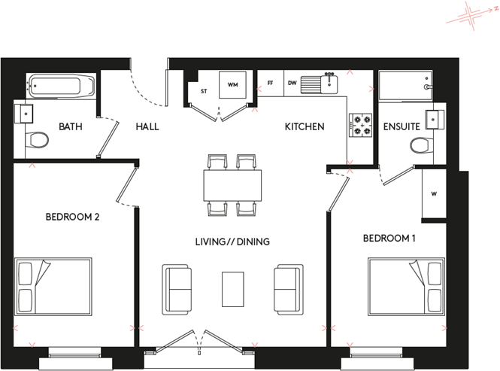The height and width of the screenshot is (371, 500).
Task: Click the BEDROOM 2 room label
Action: point(73,217)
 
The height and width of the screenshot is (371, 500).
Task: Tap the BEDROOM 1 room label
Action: point(389,239)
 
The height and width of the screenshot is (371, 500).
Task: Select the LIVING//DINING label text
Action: point(232,242)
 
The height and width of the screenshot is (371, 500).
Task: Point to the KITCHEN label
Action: point(304,126)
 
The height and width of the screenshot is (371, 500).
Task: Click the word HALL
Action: point(147,126)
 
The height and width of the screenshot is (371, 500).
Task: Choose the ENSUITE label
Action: point(401,126)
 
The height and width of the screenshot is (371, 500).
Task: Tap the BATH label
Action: point(71,126)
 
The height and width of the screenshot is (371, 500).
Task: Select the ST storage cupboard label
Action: point(203,91)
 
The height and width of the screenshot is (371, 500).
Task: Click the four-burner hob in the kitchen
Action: point(361,125)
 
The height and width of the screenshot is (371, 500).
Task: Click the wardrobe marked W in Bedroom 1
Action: point(434,193)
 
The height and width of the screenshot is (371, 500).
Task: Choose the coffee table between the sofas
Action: point(233,288)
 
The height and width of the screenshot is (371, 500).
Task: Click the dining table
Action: point(232,184)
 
